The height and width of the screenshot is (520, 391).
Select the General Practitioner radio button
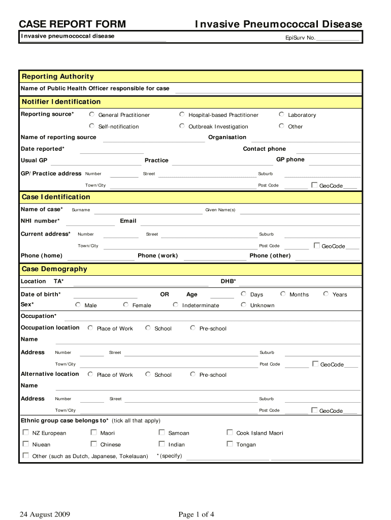92,114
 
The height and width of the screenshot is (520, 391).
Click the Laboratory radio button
281,114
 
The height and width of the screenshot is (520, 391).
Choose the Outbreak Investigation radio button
182,126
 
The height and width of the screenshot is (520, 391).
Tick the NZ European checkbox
26,433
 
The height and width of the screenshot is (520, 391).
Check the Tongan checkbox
230,444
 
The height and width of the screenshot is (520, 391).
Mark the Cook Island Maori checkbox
230,433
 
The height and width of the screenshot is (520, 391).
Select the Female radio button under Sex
125,305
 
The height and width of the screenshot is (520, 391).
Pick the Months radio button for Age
283,294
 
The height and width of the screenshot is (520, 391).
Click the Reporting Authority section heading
57,77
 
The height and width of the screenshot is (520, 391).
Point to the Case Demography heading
54,269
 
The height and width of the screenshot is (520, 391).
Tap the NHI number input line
90,222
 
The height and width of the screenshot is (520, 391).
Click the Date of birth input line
105,296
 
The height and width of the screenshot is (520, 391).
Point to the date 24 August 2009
45,515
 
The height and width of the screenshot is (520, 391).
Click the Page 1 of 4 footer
196,515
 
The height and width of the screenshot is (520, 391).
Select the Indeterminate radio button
176,305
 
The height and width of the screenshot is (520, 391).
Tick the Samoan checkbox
161,433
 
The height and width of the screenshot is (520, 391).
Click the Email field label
128,221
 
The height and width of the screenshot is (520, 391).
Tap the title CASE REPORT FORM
72,24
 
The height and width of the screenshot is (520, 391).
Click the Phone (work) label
157,255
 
